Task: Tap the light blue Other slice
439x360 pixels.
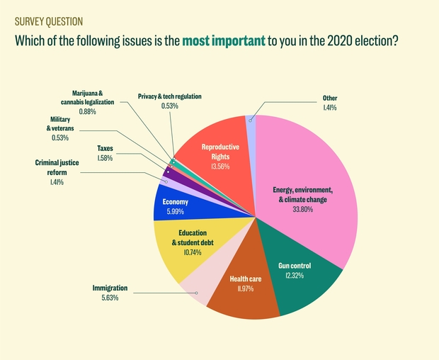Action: (x=251, y=123)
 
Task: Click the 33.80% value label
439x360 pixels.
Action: (x=302, y=209)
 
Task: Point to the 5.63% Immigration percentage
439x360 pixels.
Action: (x=110, y=298)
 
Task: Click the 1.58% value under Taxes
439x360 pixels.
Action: (x=105, y=158)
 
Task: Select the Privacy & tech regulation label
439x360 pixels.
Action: (x=170, y=96)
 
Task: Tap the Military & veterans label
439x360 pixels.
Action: (x=60, y=124)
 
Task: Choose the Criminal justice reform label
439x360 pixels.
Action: (x=57, y=167)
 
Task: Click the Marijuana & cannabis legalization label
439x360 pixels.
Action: (x=87, y=98)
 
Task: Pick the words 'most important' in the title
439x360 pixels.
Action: (x=224, y=41)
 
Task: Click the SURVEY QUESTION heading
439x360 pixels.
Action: (x=49, y=21)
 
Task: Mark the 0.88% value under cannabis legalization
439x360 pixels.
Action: (x=87, y=111)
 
